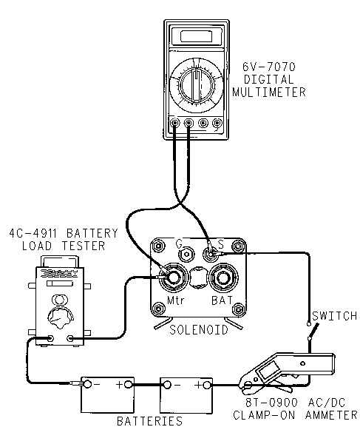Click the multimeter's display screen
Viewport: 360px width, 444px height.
coord(196,36)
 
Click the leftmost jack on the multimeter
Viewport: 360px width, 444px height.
coord(175,123)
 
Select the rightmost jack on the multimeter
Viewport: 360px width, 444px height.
coord(217,123)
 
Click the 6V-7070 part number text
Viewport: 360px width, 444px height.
coord(269,67)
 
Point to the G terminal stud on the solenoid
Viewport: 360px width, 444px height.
coord(186,254)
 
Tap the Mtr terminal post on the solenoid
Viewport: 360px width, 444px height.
coord(173,277)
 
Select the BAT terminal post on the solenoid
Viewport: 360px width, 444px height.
coord(223,277)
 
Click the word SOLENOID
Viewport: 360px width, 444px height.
coord(199,330)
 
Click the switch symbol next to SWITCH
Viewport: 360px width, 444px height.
coord(313,331)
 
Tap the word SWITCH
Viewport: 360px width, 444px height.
coord(335,316)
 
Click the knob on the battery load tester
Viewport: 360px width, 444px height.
coord(60,318)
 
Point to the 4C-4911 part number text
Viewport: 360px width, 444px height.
coord(33,233)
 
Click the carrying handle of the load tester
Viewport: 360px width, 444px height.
coord(60,260)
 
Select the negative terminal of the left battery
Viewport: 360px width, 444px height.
coord(88,384)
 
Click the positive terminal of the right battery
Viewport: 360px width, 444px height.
coord(208,385)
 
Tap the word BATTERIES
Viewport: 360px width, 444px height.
coord(150,421)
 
